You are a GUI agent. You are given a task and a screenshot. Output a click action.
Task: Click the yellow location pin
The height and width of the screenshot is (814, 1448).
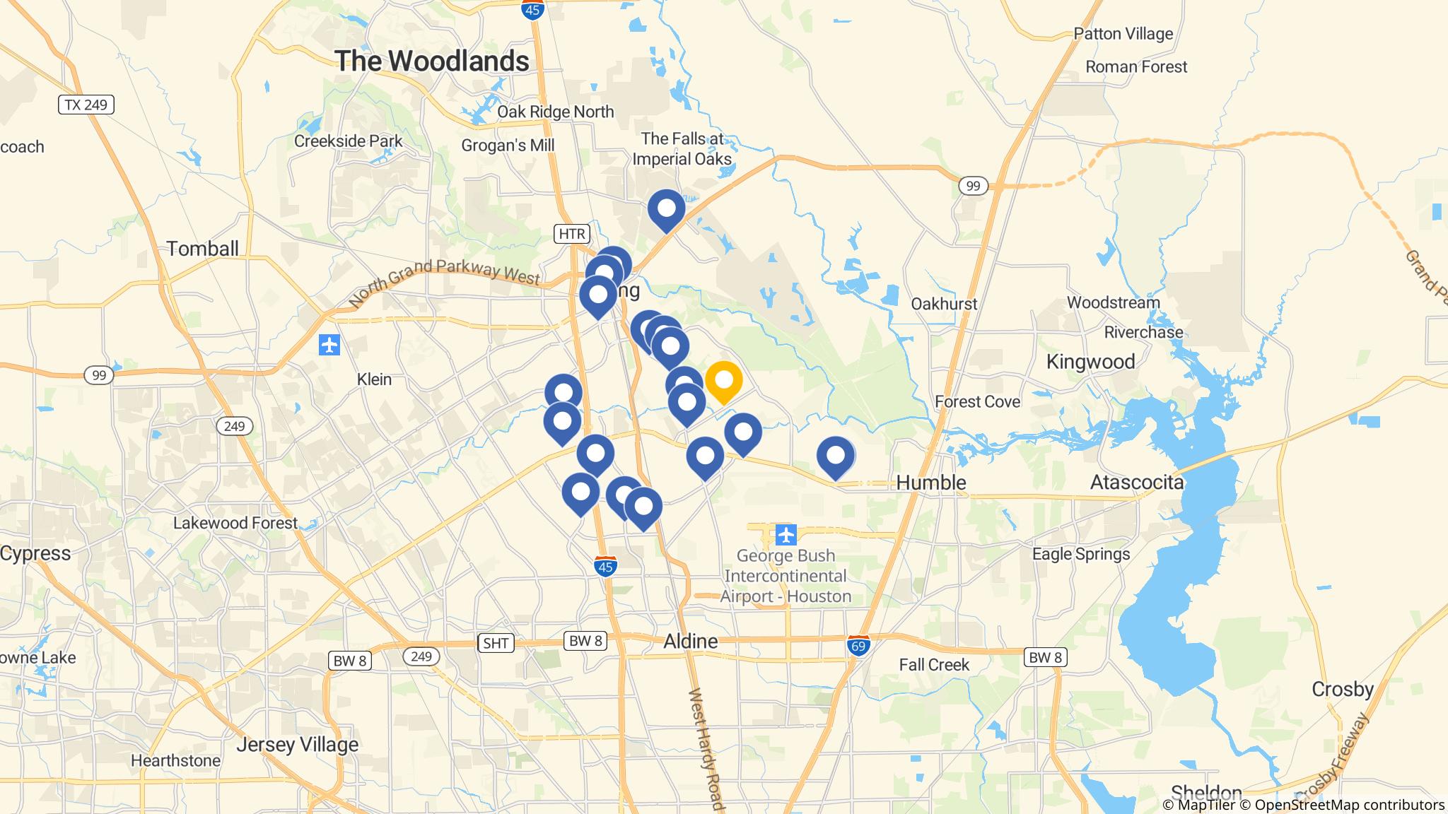723,381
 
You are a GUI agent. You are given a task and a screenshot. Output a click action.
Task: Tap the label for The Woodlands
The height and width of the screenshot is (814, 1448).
432,61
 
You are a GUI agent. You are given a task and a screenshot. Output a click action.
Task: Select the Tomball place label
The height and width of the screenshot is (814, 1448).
202,249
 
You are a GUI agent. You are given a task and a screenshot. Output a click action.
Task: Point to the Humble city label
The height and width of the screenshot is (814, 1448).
930,483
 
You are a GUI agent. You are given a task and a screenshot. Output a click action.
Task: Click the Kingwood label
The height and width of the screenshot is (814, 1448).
1090,362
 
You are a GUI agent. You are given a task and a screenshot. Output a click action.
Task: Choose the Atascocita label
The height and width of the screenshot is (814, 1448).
1136,483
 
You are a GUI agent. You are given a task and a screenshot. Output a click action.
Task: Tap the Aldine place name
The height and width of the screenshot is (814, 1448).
690,642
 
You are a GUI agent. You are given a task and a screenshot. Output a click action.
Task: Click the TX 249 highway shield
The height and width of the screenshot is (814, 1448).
86,105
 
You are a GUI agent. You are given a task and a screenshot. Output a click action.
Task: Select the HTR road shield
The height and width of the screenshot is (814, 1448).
571,234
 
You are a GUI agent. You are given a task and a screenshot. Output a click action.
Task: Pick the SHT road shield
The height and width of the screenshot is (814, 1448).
495,643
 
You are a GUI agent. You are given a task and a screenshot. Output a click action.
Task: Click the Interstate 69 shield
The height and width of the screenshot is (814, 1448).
858,646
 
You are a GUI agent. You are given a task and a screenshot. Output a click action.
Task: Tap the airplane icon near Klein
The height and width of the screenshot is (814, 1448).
329,345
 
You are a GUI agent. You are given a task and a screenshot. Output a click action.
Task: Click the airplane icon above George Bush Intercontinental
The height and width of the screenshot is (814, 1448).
786,535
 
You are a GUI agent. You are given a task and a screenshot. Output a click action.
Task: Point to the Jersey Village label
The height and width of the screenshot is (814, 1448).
297,745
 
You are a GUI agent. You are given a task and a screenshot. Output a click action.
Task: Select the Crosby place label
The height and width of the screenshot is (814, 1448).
1342,689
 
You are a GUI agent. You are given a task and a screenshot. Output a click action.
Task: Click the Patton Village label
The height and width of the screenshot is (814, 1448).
1123,34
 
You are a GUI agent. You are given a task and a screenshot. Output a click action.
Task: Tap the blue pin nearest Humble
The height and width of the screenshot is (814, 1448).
835,456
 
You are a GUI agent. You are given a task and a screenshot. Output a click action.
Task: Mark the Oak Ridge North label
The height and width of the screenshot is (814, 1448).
555,112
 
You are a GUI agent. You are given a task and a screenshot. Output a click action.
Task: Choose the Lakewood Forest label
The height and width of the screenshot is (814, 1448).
235,523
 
